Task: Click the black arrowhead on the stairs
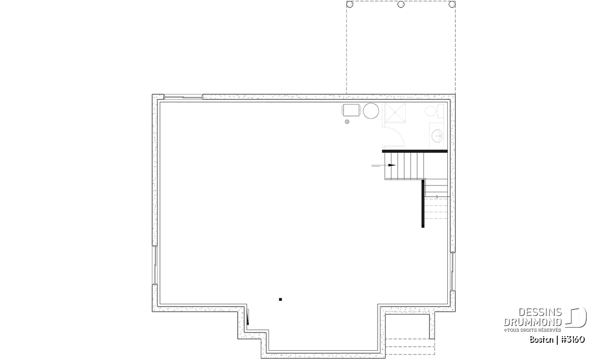coord(392,165)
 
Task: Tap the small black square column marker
coord(280,300)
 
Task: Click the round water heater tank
coord(371,111)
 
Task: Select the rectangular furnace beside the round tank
coord(351,110)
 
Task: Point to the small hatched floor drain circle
coord(347,122)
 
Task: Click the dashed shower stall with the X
coord(395,112)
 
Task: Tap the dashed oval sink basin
coord(437,136)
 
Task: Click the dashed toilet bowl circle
coord(431,111)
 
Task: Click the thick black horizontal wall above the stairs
coord(415,151)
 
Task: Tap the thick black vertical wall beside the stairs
coord(423,203)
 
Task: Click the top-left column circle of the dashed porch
coord(350,5)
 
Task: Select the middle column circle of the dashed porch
coord(401,5)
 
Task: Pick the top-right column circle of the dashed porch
coord(452,5)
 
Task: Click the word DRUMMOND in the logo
coord(533,322)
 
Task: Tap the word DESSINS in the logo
coord(540,312)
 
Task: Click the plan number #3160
coord(573,340)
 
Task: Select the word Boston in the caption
coord(541,340)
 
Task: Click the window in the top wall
coord(183,97)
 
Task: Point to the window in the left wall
coord(155,265)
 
